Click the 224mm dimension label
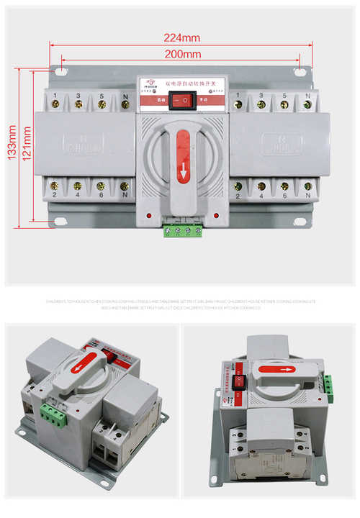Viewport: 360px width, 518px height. [x=181, y=37]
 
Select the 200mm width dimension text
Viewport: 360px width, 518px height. [x=181, y=54]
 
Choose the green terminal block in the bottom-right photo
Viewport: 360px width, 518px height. [x=328, y=389]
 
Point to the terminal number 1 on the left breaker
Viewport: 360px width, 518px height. [x=55, y=94]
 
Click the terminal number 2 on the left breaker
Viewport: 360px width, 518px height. [x=55, y=196]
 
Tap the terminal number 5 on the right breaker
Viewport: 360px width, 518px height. [x=284, y=94]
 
